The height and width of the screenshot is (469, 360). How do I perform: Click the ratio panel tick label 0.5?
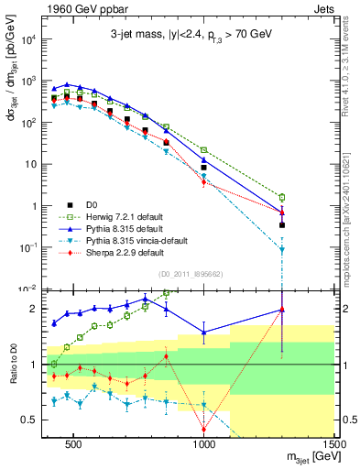pyautogui.click(x=27, y=420)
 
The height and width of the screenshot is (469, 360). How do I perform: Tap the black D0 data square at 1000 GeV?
pyautogui.click(x=203, y=168)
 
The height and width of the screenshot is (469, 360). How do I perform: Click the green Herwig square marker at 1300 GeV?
pyautogui.click(x=282, y=197)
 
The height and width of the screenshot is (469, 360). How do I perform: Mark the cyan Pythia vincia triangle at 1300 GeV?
pyautogui.click(x=282, y=249)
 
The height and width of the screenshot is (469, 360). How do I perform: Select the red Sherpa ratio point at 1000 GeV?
pyautogui.click(x=203, y=429)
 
